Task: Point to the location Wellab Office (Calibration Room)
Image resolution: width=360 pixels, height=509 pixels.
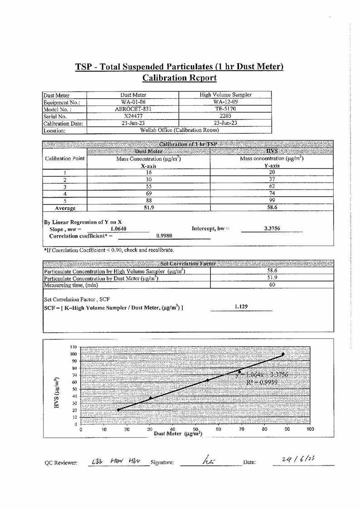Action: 180,131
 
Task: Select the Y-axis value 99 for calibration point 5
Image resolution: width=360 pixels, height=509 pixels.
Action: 272,201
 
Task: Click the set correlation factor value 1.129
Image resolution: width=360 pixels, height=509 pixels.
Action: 241,307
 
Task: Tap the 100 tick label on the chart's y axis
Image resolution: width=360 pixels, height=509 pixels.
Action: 73,354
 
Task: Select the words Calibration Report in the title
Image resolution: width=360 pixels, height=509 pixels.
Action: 180,78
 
